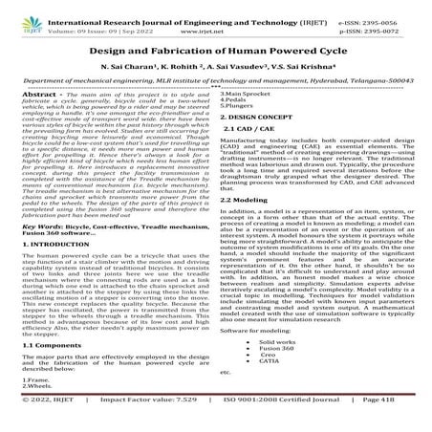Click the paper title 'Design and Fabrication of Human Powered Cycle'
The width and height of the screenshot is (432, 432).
click(x=216, y=56)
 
